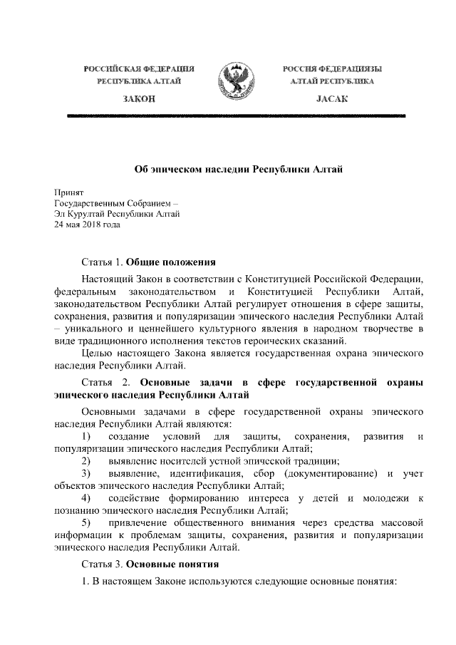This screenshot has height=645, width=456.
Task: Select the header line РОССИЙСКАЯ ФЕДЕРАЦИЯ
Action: pos(140,68)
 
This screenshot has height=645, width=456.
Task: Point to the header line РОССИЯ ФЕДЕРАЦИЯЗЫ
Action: pos(332,68)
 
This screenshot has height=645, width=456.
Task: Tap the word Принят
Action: pos(69,192)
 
